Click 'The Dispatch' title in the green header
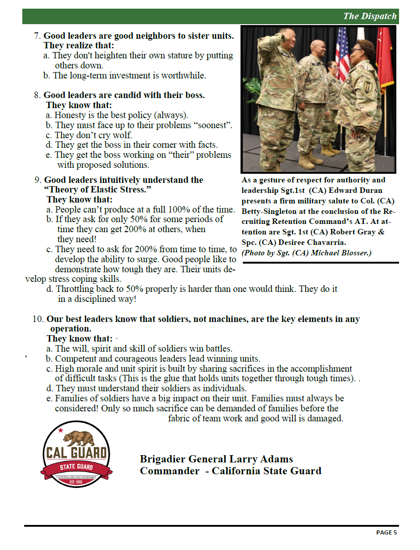[369, 16]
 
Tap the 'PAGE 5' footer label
[386, 532]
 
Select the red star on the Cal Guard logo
[60, 430]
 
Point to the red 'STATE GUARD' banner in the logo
[76, 467]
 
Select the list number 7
[37, 36]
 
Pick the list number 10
[38, 319]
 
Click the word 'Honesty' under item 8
[70, 115]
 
